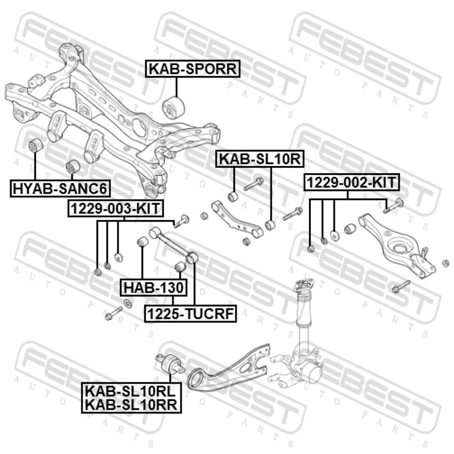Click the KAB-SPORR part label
pos(193,69)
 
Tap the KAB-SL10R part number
pos(260,158)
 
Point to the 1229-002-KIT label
pos(351,183)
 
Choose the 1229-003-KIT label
pos(116,208)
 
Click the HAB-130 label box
pos(154,287)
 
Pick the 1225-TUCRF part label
pos(191,314)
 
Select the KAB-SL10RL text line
pos(131,391)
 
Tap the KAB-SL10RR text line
pos(131,405)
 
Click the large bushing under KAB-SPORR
pos(173,108)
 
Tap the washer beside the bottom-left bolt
pos(128,304)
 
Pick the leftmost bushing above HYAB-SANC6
pos(36,145)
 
